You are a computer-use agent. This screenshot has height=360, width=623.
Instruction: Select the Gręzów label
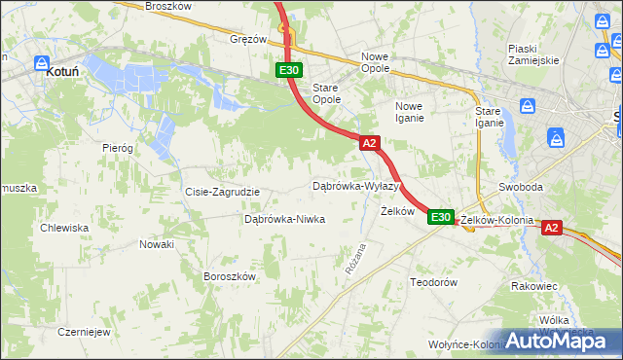click(x=248, y=40)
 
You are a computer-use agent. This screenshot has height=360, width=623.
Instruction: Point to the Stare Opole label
click(x=326, y=93)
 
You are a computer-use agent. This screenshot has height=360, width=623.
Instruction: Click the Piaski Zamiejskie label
click(x=532, y=54)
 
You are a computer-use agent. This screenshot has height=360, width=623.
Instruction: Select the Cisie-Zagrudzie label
click(x=222, y=192)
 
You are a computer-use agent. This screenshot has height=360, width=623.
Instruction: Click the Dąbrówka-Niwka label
click(x=284, y=219)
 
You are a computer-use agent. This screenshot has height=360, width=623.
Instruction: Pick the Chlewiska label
click(x=64, y=228)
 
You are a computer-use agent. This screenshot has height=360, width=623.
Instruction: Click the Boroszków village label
click(x=229, y=276)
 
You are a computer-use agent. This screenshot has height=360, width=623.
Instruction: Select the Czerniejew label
click(x=82, y=331)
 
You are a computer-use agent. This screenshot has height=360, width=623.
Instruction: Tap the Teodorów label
click(x=433, y=281)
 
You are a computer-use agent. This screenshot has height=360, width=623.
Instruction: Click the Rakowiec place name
click(x=533, y=286)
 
